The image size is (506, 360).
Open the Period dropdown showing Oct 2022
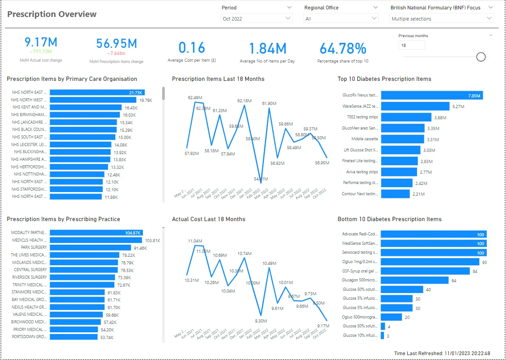pos(257,18)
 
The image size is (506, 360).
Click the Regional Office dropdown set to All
pos(341,18)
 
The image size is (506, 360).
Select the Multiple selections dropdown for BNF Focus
pos(441,18)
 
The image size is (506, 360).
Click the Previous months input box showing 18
pos(411,45)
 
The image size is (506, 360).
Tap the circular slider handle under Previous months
pos(481,57)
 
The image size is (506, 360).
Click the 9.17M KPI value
pos(41,42)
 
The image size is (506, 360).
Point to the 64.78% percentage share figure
pos(343,48)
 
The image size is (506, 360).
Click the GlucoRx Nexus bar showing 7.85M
pos(431,95)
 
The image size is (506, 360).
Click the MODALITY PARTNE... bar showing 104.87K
pos(96,233)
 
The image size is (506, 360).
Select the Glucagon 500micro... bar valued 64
pos(414,280)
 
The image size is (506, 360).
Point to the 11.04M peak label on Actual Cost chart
pos(195,241)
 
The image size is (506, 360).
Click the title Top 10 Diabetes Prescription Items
pos(384,79)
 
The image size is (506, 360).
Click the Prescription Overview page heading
pos(52,14)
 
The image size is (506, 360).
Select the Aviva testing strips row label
pos(362,172)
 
